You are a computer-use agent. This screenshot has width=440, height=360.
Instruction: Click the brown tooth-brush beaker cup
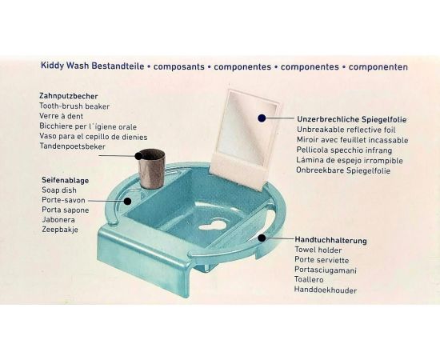click(151, 168)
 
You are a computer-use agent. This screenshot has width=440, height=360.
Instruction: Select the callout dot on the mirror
click(262, 118)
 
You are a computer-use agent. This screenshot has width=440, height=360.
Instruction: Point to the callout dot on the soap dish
click(128, 201)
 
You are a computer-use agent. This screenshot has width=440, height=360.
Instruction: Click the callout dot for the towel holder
click(262, 238)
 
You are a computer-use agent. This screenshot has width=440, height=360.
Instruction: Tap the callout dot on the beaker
click(138, 156)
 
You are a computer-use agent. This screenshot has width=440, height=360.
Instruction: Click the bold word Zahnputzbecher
click(69, 96)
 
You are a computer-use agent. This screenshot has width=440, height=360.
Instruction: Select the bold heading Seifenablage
click(65, 180)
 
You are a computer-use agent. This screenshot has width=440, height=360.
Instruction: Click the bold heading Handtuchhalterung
click(330, 241)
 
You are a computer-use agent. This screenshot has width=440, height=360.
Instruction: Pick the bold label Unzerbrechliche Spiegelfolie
click(352, 119)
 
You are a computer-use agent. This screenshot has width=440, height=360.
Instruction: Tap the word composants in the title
click(179, 66)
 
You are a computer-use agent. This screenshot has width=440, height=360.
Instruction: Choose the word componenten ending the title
click(378, 67)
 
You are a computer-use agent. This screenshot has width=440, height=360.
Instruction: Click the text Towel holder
click(318, 250)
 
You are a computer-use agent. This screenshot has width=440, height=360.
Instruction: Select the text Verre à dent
click(61, 116)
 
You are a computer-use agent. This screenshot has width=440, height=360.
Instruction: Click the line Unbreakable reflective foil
click(346, 130)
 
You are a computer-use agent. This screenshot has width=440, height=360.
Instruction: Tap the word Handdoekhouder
click(326, 290)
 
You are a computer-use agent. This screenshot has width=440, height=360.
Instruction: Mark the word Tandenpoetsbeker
click(72, 146)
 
